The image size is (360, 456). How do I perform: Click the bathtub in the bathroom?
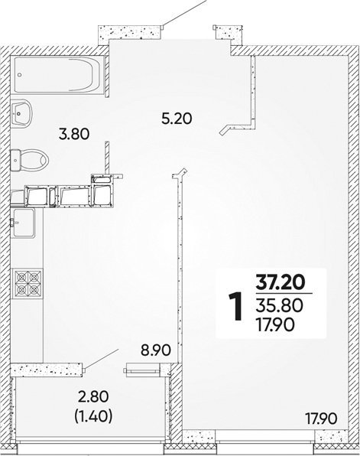click(59, 74)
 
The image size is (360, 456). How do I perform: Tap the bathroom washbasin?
click(21, 113)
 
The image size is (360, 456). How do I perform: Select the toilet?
click(29, 160)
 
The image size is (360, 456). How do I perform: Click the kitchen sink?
click(23, 223)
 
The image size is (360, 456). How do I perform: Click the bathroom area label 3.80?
click(74, 135)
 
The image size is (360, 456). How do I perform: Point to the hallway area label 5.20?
click(177, 119)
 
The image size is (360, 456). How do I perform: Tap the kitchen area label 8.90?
click(155, 350)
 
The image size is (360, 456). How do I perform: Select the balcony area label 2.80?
click(93, 397)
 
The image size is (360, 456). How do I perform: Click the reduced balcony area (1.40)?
click(93, 416)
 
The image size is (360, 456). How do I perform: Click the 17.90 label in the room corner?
click(321, 419)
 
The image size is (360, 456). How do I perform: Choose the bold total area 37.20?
click(280, 282)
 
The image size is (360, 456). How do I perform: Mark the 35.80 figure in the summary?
click(279, 305)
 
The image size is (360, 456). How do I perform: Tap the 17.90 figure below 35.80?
click(275, 324)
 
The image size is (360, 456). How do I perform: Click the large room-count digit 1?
click(236, 307)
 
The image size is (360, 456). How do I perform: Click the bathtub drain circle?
click(19, 75)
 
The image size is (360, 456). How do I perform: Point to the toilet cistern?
click(15, 160)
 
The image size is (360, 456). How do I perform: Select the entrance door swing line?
click(184, 13)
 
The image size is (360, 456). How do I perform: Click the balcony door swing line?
click(102, 360)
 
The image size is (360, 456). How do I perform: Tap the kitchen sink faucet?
click(13, 223)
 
